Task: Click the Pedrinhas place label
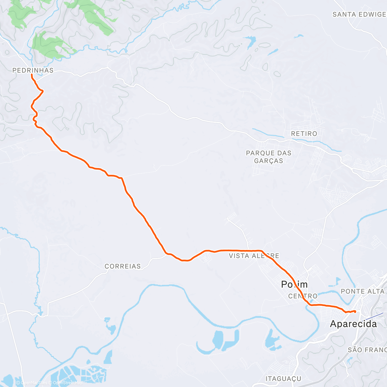point(33,70)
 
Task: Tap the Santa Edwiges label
point(359,15)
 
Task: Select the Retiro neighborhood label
point(304,134)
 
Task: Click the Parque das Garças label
point(269,157)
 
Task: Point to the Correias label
point(123,266)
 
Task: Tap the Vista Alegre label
point(254,256)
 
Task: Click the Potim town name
point(294,284)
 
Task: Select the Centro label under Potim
point(303,296)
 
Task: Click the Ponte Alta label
point(362,291)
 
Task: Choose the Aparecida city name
point(353,324)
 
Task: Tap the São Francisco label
point(367,350)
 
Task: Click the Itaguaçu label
point(283,379)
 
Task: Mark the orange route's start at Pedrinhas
point(32,74)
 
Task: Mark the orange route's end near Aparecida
point(355,311)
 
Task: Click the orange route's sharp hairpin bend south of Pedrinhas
point(43,92)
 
